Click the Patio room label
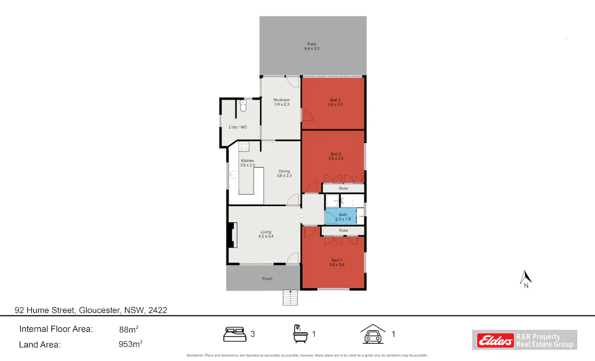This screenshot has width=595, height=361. coord(312,44)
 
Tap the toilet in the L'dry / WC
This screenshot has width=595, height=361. coord(243,105)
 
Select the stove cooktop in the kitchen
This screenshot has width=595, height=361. coord(244,146)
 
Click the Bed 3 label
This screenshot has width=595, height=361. coord(335,100)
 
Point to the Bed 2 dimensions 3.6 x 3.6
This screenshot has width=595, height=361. coord(336,158)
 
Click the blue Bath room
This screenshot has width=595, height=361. coord(341,216)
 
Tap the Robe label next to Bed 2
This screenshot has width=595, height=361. coord(344,188)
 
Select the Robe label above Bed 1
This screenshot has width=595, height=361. coord(344,230)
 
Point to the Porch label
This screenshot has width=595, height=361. coord(267,278)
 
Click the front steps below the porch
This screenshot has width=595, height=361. coord(290,298)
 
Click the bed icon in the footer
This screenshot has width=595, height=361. coord(235,334)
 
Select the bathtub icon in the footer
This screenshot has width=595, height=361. coord(300,334)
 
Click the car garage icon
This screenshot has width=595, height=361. coord(373,334)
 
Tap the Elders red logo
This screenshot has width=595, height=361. coord(495,340)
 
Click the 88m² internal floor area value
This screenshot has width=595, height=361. coord(128,329)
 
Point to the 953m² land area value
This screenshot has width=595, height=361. coord(130,344)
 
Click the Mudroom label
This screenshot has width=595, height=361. coord(282,100)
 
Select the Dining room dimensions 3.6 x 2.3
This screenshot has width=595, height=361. coord(284,176)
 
